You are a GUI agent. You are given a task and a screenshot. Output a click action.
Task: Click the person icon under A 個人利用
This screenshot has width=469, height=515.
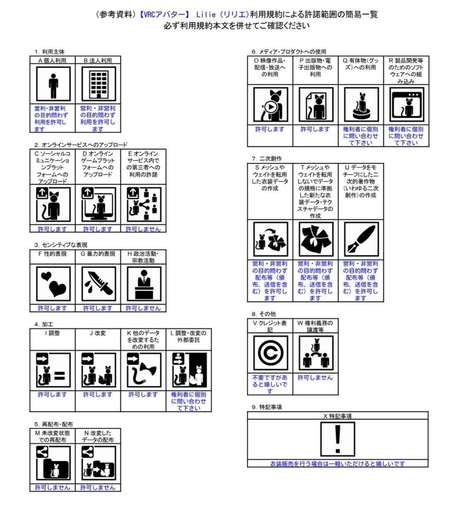(x=53, y=84)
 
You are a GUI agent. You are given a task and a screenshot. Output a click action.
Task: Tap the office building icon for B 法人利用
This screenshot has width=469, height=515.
(x=98, y=84)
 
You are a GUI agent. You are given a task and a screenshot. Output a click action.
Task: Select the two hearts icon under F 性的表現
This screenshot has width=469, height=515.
(x=53, y=284)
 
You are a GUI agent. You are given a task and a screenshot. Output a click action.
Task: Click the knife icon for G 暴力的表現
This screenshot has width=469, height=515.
(x=98, y=284)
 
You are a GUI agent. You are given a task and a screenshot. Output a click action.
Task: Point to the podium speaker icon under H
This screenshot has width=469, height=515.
(x=144, y=284)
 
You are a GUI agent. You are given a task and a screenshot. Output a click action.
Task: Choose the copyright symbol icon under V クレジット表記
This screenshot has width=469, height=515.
(x=271, y=353)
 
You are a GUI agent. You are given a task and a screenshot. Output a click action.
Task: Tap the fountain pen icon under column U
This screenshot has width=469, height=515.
(x=361, y=240)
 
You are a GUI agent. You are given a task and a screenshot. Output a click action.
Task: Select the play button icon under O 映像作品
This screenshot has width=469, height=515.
(x=271, y=107)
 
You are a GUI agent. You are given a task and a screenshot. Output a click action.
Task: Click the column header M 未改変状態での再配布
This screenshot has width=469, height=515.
(x=53, y=436)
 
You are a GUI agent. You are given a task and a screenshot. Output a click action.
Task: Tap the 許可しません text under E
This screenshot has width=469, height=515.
(x=144, y=229)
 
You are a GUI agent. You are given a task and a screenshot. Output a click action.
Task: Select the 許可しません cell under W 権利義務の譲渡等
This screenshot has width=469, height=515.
(x=315, y=378)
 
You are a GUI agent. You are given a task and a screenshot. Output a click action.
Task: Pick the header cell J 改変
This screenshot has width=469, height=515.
(x=98, y=333)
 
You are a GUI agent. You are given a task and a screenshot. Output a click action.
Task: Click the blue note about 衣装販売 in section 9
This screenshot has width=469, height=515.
(x=338, y=464)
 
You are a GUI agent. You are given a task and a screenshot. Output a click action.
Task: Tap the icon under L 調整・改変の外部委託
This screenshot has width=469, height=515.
(x=189, y=370)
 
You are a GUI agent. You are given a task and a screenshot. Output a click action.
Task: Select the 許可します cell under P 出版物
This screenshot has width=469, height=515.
(x=315, y=129)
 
